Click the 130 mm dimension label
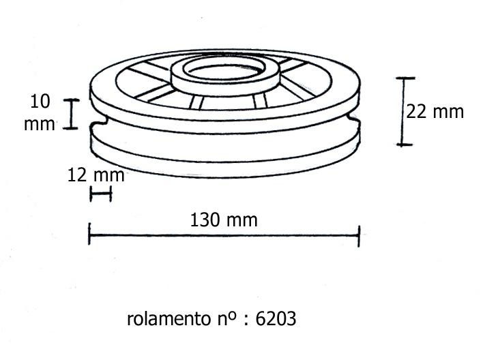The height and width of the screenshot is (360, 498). click(x=224, y=220)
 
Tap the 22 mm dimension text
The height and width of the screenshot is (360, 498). click(x=435, y=112)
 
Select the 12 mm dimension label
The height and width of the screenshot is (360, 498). click(x=96, y=175)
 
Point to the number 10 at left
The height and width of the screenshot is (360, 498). click(x=40, y=102)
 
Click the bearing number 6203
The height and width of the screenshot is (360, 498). click(x=276, y=318)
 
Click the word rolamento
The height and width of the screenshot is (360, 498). click(x=169, y=318)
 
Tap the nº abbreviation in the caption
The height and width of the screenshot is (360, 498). click(x=227, y=318)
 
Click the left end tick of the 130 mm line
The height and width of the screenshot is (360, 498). click(x=89, y=234)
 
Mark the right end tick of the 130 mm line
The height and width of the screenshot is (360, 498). click(x=359, y=236)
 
